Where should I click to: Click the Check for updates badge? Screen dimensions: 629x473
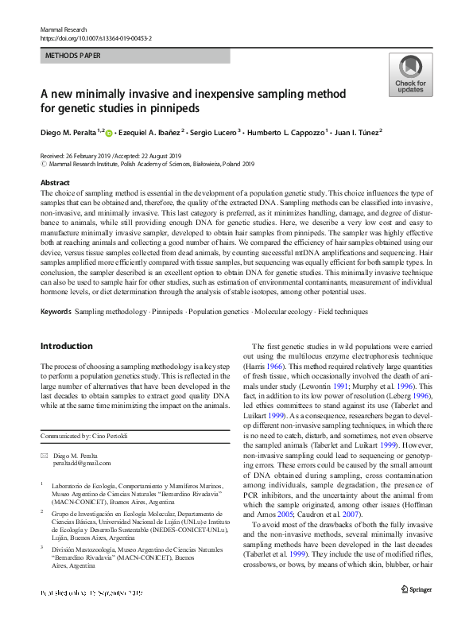pyautogui.click(x=409, y=76)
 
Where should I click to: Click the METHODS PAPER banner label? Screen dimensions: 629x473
pyautogui.click(x=75, y=56)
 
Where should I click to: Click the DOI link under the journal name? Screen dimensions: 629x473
pyautogui.click(x=95, y=37)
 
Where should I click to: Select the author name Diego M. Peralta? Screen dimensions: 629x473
pyautogui.click(x=69, y=132)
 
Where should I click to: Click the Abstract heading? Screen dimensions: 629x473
pyautogui.click(x=55, y=182)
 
